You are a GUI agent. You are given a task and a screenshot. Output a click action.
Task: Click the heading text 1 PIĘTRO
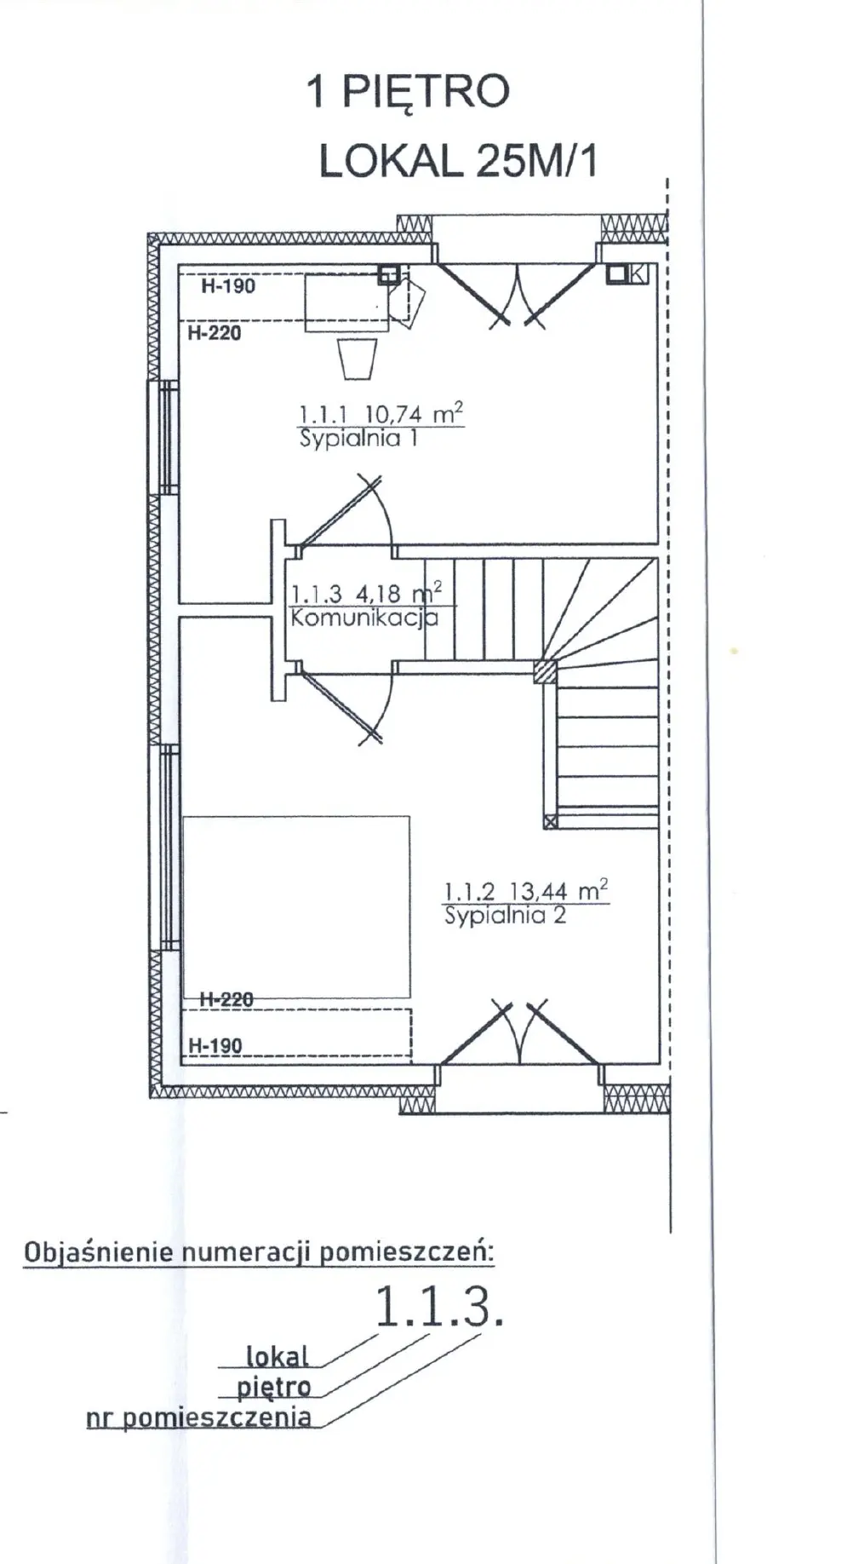(x=408, y=93)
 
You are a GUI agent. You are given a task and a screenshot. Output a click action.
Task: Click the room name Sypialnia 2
(x=505, y=916)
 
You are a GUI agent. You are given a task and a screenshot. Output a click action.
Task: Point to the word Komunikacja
(x=364, y=618)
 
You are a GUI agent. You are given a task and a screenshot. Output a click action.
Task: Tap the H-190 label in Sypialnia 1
(x=228, y=286)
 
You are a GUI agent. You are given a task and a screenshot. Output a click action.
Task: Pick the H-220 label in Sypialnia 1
(x=214, y=333)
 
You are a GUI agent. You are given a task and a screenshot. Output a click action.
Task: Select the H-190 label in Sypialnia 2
(x=215, y=1045)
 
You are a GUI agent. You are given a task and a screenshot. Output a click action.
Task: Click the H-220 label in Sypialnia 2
(x=226, y=998)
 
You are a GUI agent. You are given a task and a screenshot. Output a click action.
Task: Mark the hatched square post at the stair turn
(x=545, y=672)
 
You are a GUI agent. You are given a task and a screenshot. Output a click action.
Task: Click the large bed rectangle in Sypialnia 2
(x=296, y=906)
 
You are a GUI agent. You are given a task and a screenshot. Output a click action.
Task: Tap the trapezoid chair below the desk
(x=357, y=359)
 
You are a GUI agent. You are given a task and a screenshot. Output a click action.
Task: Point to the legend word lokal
(x=277, y=1355)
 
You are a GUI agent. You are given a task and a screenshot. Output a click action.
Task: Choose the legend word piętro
(x=274, y=1387)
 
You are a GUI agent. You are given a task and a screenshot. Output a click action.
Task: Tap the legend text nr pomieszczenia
(x=199, y=1418)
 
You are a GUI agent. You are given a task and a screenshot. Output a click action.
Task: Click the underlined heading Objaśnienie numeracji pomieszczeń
(x=259, y=1252)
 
